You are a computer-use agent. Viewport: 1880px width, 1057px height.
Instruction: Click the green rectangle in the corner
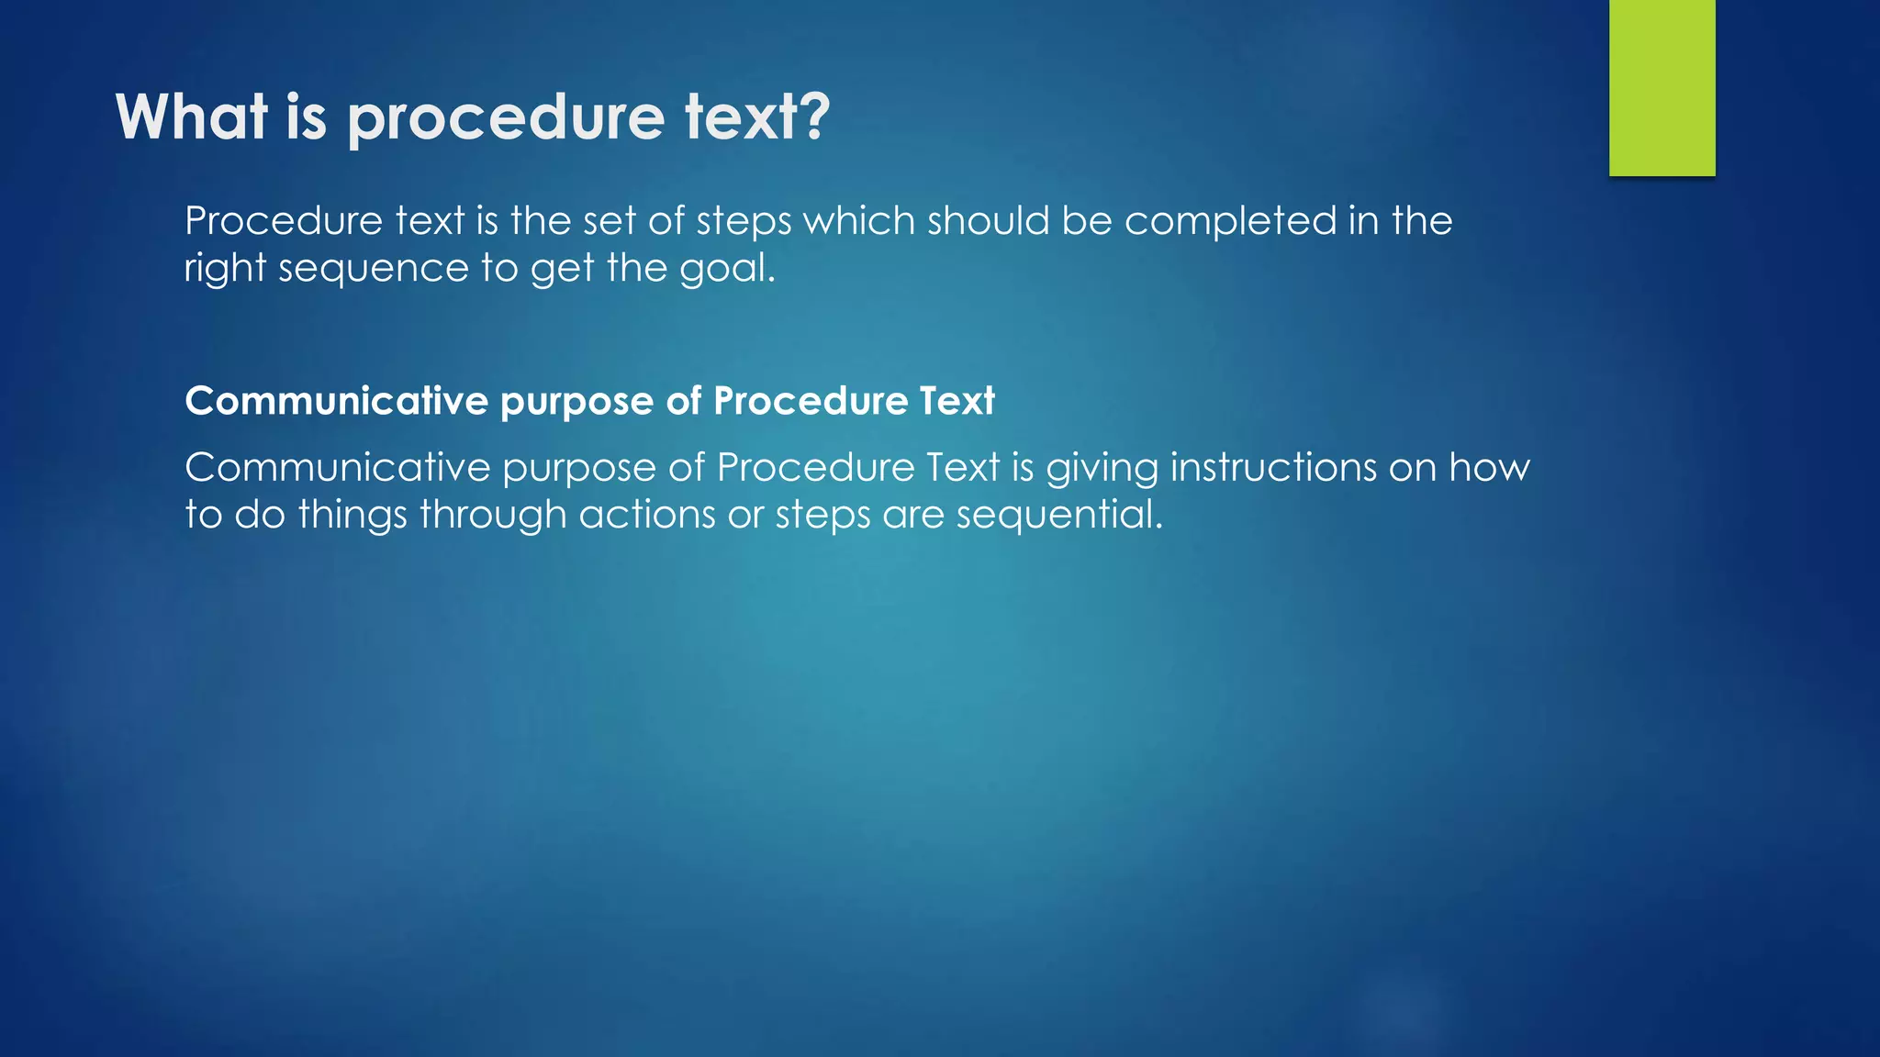click(x=1662, y=87)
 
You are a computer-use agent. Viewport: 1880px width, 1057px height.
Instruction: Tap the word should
click(x=988, y=221)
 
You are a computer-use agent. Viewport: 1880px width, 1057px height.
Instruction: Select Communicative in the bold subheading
click(x=336, y=401)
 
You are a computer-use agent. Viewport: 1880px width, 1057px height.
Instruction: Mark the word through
click(x=492, y=516)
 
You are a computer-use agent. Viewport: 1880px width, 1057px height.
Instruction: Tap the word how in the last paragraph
click(x=1489, y=468)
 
